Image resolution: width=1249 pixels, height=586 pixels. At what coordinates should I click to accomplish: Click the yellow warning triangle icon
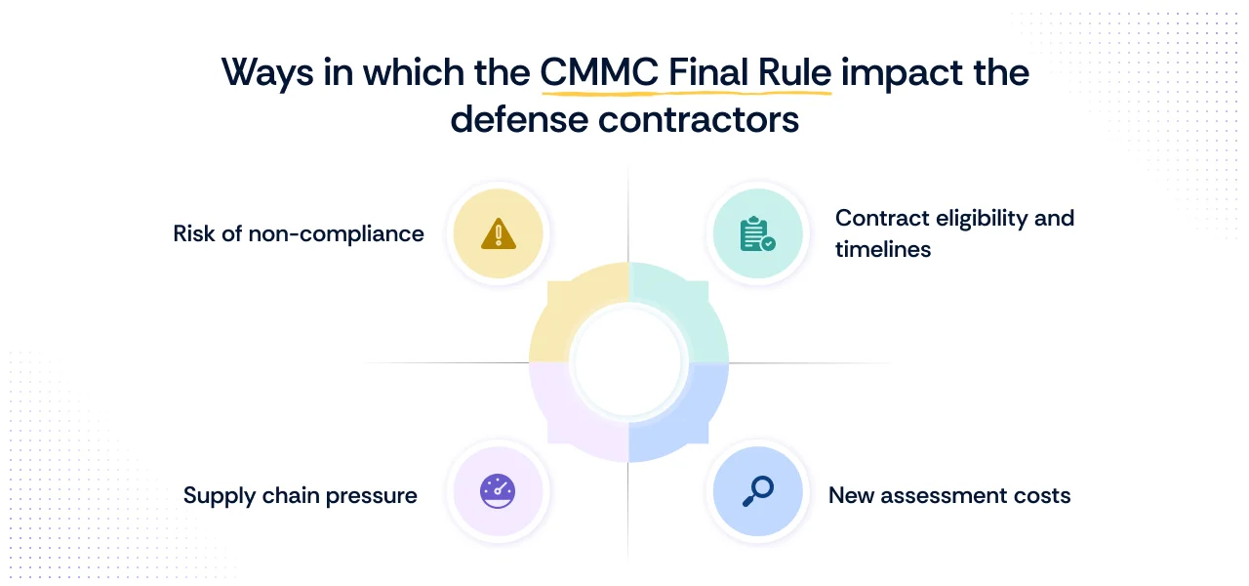click(499, 234)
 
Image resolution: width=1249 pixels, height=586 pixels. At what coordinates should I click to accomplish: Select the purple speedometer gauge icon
click(499, 490)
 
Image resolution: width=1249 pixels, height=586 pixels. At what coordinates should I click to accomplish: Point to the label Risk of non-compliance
click(299, 234)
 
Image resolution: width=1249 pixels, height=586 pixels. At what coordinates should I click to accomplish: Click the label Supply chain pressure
click(301, 495)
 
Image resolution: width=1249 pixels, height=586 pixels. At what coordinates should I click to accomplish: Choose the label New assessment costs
click(949, 495)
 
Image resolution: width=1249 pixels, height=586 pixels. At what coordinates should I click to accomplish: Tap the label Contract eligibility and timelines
click(954, 233)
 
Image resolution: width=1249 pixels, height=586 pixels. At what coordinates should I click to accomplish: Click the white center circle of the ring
click(628, 362)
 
